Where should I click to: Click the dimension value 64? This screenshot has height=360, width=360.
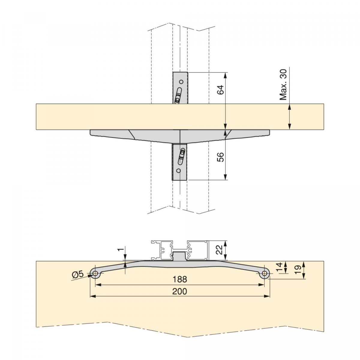[220, 90]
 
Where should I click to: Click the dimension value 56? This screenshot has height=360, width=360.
[220, 157]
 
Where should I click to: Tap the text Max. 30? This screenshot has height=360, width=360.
[283, 85]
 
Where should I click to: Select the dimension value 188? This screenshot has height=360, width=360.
[180, 279]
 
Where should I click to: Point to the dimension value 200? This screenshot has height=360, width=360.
[180, 291]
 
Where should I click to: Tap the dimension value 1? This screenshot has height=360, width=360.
[121, 250]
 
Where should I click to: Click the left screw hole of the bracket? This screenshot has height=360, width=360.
[95, 273]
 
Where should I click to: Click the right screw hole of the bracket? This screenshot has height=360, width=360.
[265, 273]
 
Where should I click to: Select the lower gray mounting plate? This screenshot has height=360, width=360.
[180, 162]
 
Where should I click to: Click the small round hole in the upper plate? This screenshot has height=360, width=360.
[181, 81]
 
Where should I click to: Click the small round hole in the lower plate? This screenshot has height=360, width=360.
[178, 171]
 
